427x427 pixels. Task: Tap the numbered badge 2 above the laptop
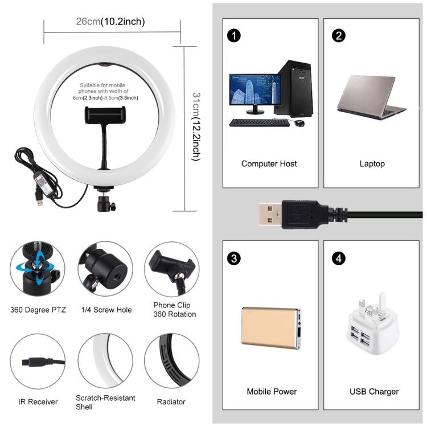339,35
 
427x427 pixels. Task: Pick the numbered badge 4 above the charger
339,259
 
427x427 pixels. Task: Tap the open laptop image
371,100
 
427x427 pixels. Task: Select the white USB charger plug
372,325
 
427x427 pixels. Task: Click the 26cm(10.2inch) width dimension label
110,22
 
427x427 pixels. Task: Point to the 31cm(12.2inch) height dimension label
196,126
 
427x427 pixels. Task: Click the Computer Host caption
269,164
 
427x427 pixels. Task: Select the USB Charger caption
373,392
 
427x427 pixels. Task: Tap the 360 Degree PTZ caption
38,310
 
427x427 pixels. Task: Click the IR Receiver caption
38,402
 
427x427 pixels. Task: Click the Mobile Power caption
272,392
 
